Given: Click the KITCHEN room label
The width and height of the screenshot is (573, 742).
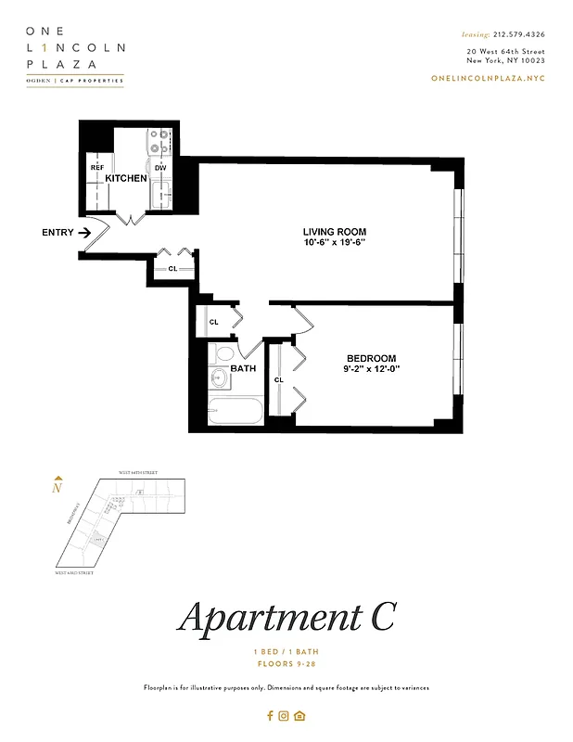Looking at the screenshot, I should click(126, 177).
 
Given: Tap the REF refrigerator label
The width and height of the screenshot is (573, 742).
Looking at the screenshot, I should click(96, 168).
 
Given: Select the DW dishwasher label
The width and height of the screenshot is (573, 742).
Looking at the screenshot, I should click(160, 168).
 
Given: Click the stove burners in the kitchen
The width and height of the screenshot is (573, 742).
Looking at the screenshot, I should click(159, 141).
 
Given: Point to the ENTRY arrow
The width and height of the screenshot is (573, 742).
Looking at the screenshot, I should click(84, 233).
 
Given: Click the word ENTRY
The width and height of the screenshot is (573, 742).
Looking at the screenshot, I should click(57, 233).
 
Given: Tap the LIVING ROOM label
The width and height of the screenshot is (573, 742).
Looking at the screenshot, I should click(335, 231).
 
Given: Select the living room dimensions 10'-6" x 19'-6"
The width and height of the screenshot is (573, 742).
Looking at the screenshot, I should click(335, 243).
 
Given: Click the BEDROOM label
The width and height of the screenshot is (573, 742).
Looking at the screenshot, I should click(371, 358).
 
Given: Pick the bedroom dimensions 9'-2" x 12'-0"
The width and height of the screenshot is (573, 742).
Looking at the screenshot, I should click(371, 369).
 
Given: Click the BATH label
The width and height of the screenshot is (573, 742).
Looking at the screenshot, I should click(243, 368).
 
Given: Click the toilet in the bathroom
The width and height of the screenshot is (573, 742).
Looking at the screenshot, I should click(223, 353).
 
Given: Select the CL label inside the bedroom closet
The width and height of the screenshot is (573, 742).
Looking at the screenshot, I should click(278, 380).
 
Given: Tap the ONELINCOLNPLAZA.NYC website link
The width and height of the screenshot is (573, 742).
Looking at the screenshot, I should click(488, 78).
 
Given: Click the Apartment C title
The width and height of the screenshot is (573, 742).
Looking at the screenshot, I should click(286, 617).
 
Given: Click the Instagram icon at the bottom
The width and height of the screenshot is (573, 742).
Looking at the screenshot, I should click(285, 715).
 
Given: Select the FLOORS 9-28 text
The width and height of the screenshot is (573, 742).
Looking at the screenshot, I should click(286, 664).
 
